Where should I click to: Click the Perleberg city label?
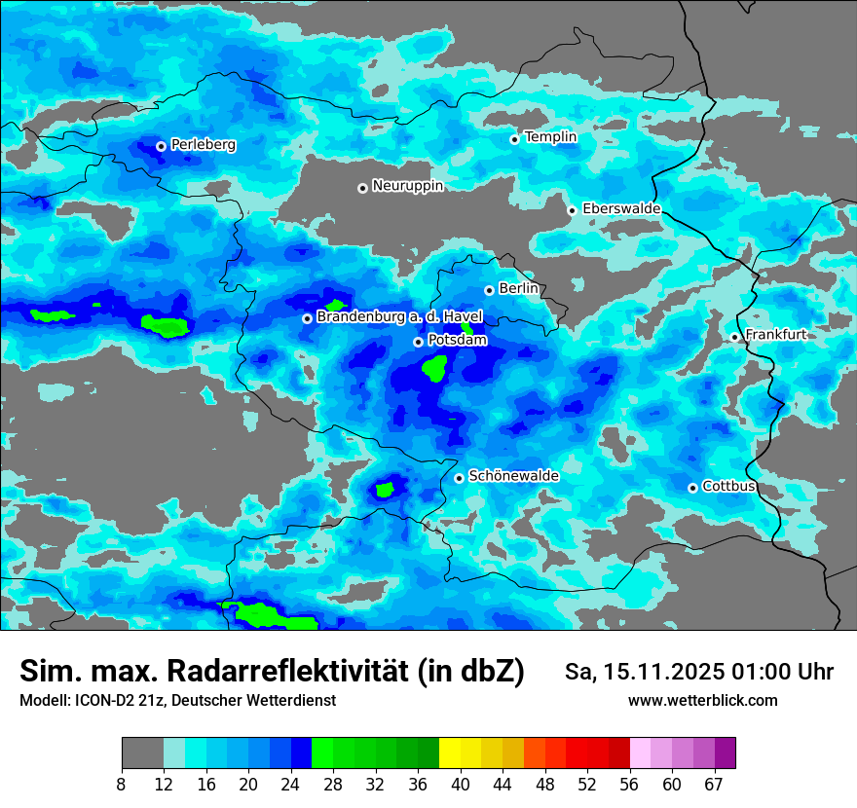[x=203, y=145]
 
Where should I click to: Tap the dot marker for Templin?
[x=514, y=139]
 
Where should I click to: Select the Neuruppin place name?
[x=407, y=186]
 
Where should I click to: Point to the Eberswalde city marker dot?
[x=572, y=210]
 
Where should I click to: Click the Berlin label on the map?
[x=518, y=289]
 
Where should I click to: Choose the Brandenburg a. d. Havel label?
[x=399, y=317]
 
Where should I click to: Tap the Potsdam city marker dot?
[x=418, y=342]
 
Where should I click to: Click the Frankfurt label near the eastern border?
[x=775, y=335]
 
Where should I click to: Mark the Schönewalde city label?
[x=513, y=476]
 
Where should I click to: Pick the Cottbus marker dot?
[x=692, y=488]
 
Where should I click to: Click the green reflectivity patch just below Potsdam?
[x=435, y=368]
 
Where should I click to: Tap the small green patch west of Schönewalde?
[x=386, y=489]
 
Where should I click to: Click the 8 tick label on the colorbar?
[x=122, y=785]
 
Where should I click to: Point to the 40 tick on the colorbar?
[x=460, y=785]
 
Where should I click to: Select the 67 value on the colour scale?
[x=715, y=785]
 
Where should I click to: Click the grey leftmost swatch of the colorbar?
[x=142, y=753]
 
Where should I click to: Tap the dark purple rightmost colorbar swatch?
[x=725, y=753]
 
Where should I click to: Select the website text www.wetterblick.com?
[x=702, y=700]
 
